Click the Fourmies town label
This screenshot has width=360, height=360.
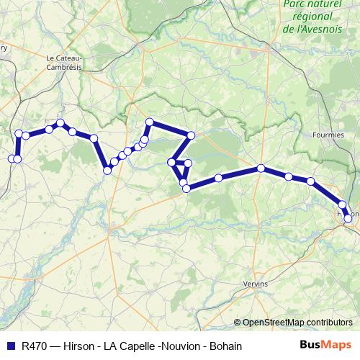[330, 135]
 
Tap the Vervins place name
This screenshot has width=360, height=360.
[256, 283]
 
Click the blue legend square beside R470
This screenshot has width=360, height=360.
[11, 346]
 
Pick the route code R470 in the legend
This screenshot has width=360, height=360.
[35, 346]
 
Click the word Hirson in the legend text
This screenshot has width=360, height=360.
[78, 346]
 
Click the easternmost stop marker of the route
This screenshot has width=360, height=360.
[348, 218]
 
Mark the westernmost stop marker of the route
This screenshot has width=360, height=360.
[12, 158]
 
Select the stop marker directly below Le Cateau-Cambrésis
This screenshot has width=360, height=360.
[60, 123]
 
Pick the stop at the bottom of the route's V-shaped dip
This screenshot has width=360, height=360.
[107, 170]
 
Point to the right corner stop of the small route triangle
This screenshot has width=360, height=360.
[189, 163]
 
